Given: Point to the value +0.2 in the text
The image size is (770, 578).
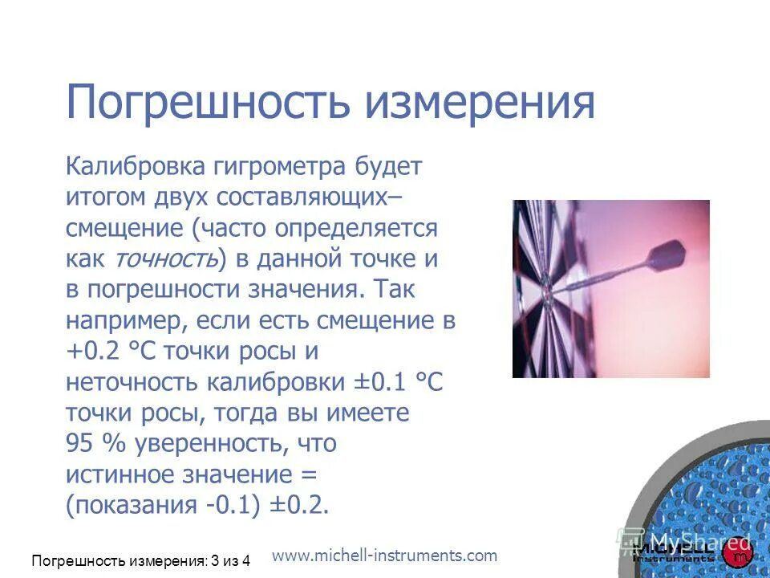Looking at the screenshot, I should pyautogui.click(x=92, y=352).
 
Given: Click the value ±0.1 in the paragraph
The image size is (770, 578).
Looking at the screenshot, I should pyautogui.click(x=382, y=382).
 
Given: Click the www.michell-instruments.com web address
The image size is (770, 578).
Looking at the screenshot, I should pyautogui.click(x=385, y=555).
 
